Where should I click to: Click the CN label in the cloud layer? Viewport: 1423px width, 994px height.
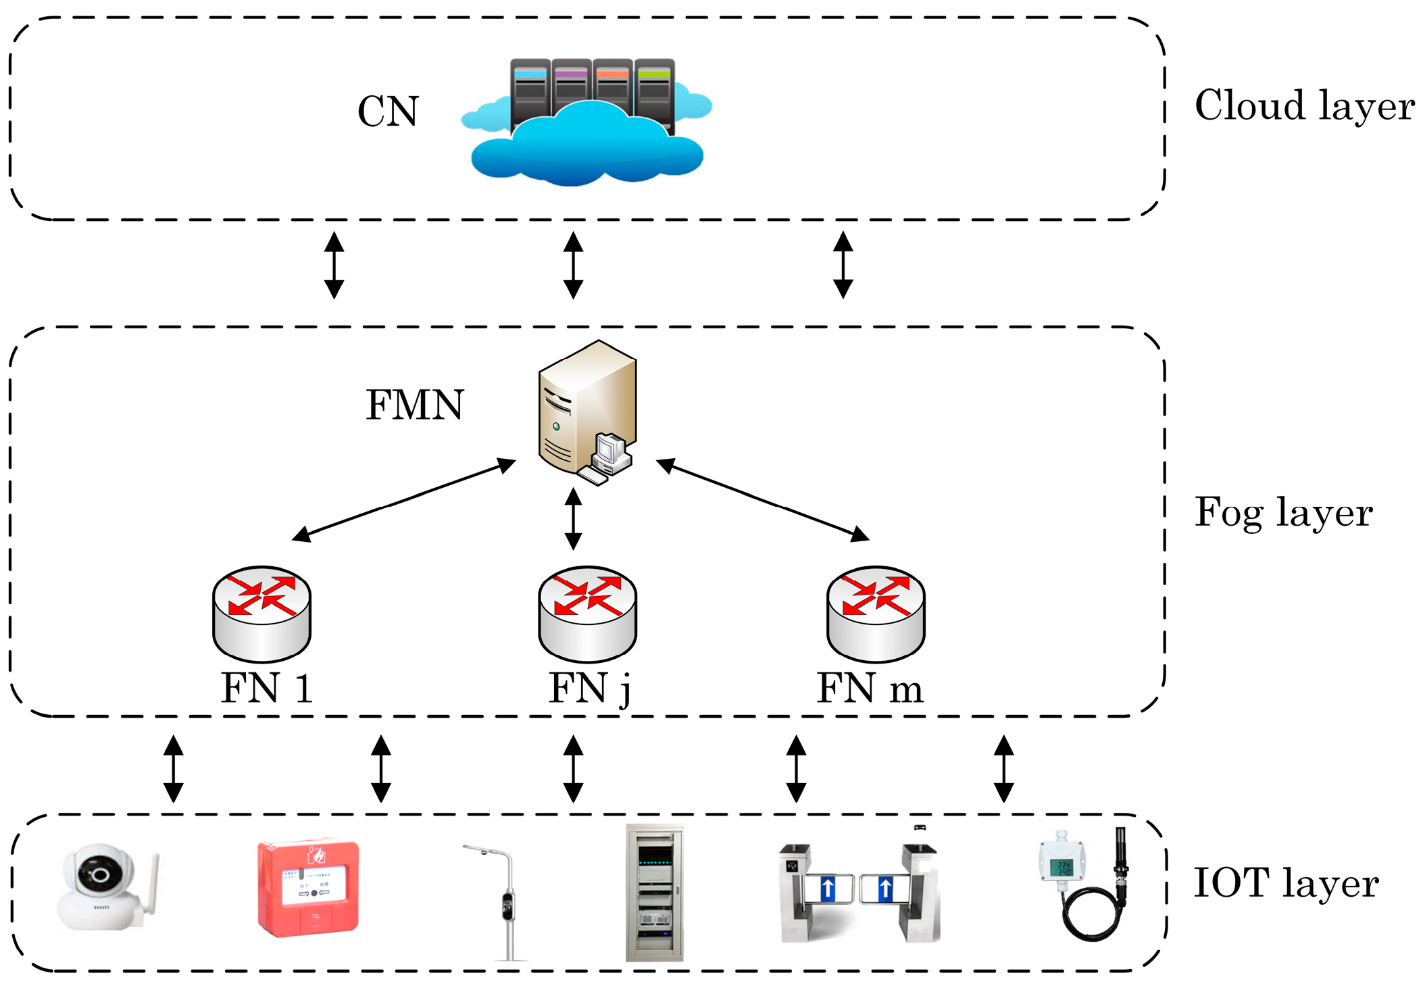tap(388, 111)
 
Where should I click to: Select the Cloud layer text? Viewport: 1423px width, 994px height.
tap(1304, 106)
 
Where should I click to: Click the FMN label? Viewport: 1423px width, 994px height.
tap(414, 405)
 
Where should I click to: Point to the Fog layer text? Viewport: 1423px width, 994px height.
tap(1283, 513)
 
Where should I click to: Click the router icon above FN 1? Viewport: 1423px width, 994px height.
tap(261, 614)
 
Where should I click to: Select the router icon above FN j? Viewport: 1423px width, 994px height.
tap(587, 614)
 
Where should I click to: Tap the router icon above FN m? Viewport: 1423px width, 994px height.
tap(876, 614)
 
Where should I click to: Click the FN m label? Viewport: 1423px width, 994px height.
tap(870, 689)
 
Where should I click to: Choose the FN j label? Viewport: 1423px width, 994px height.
tap(589, 689)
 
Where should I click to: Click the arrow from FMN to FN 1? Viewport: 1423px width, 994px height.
tap(403, 501)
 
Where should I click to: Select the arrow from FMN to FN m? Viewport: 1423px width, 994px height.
tap(763, 500)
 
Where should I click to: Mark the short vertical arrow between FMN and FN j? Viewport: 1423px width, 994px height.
tap(573, 519)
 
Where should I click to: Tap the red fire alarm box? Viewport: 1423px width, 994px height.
tap(308, 888)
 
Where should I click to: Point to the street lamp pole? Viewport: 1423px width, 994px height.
tap(507, 905)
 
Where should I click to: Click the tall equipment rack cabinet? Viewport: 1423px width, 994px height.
tap(654, 892)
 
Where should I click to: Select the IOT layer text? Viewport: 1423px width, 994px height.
tap(1286, 883)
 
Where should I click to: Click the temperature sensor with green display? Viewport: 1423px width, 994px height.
tap(1062, 868)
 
